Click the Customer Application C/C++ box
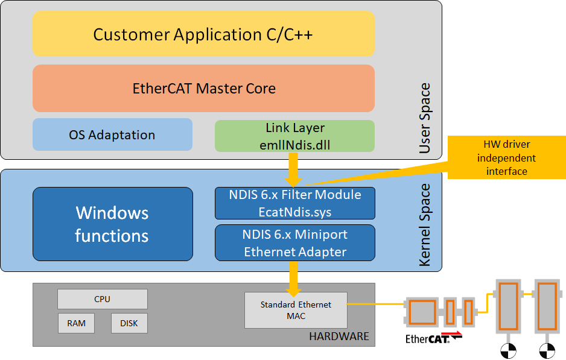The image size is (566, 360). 203,34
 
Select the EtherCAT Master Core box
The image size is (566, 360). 203,89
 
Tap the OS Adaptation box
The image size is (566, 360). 112,134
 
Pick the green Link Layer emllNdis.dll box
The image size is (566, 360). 294,136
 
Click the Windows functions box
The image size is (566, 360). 113,224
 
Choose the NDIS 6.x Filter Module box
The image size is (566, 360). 295,203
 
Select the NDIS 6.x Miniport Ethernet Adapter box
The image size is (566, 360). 295,243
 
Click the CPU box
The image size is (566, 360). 103,299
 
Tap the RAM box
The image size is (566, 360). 76,323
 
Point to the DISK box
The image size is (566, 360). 129,323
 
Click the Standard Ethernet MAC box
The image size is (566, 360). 296,310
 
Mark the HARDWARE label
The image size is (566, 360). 339,336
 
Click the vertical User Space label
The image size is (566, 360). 425,118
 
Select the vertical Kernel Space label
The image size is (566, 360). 425,225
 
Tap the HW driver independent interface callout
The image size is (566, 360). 506,157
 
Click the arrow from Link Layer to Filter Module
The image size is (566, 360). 293,169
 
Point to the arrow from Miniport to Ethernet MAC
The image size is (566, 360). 293,279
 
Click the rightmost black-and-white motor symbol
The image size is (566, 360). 547,350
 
